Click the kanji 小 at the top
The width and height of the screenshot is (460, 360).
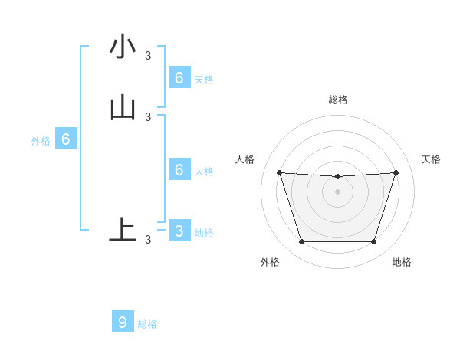tap(123, 47)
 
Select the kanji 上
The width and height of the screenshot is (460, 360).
tap(123, 230)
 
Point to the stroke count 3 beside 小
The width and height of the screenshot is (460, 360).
tap(148, 55)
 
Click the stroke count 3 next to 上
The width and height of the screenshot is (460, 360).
tap(148, 240)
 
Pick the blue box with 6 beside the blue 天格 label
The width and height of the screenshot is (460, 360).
tap(179, 77)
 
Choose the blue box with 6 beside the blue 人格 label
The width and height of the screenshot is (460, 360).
tap(179, 169)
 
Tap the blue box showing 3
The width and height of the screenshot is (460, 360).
tap(179, 231)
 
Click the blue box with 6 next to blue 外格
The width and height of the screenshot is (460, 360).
tap(66, 139)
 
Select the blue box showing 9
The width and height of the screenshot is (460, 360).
tap(123, 322)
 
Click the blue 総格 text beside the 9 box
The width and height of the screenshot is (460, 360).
tap(147, 324)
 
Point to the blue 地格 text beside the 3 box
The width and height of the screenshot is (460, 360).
tap(204, 233)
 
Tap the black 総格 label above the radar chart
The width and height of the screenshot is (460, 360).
tap(337, 100)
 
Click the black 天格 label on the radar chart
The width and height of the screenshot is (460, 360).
tap(432, 159)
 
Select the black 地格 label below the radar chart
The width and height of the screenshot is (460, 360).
tap(402, 263)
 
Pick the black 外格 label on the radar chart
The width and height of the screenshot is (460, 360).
tap(270, 263)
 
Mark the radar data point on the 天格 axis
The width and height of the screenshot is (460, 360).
tap(396, 172)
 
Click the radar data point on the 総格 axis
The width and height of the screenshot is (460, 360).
tap(337, 177)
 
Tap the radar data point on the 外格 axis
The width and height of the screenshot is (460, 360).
tap(301, 242)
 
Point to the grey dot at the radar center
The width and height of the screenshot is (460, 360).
tap(337, 192)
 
